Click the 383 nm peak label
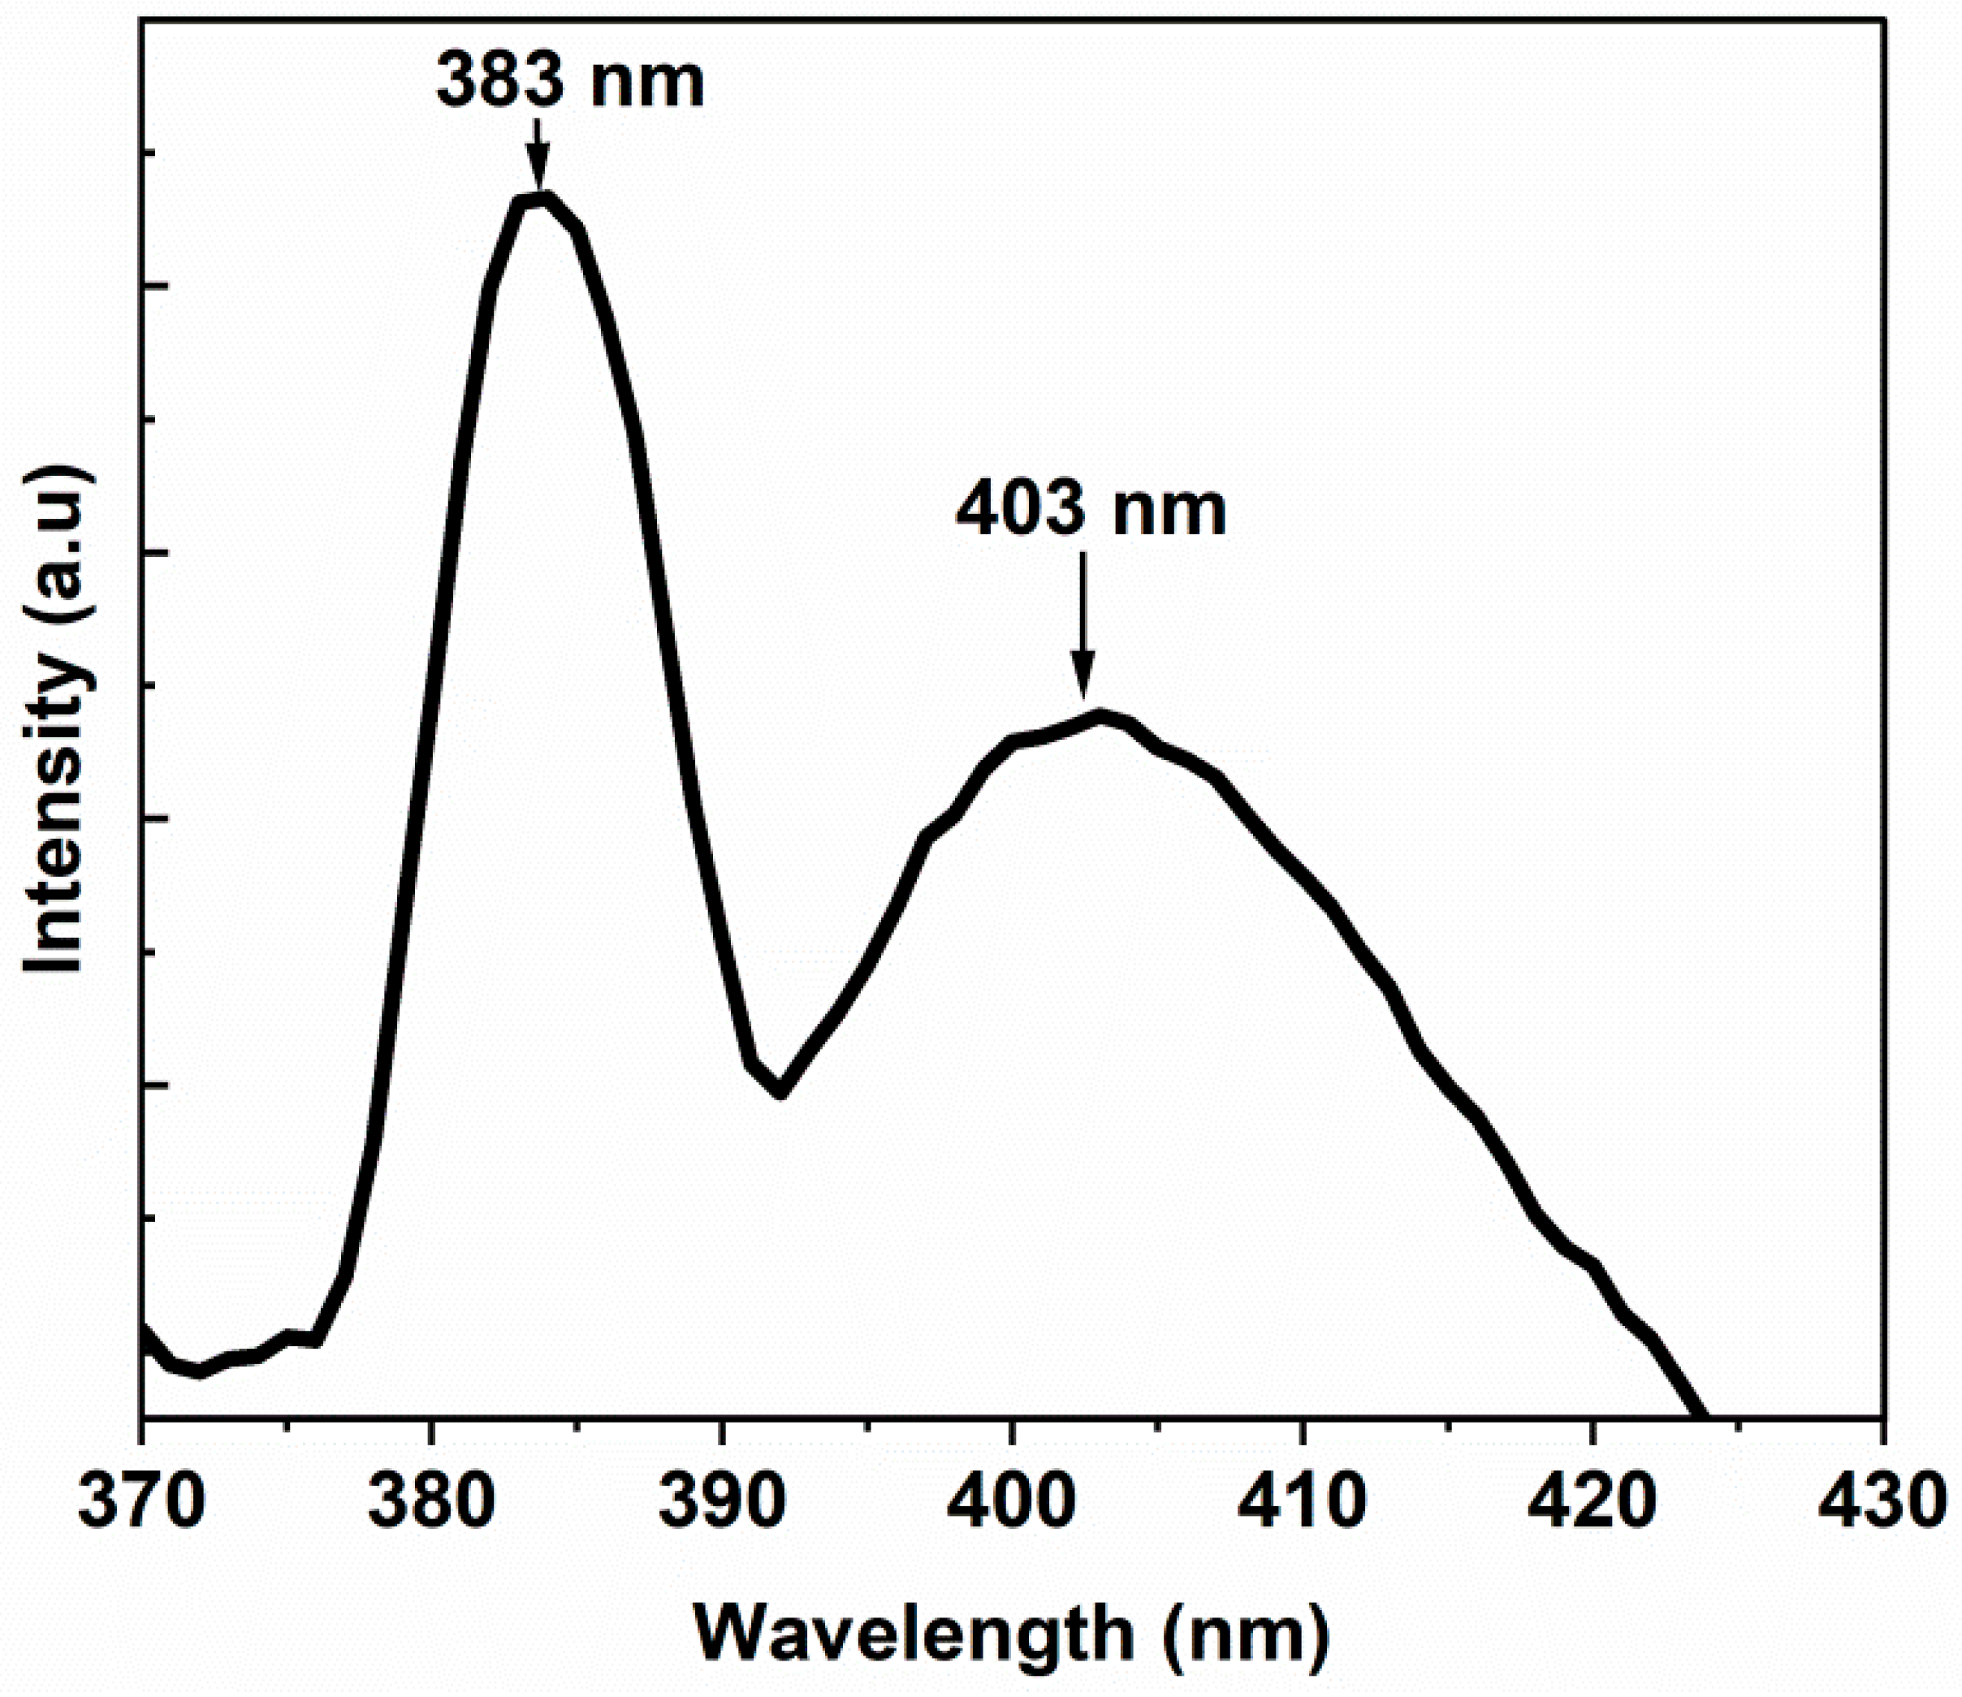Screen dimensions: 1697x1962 click(x=571, y=82)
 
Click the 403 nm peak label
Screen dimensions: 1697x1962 click(x=1091, y=512)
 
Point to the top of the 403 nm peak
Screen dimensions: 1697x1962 click(x=1099, y=717)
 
